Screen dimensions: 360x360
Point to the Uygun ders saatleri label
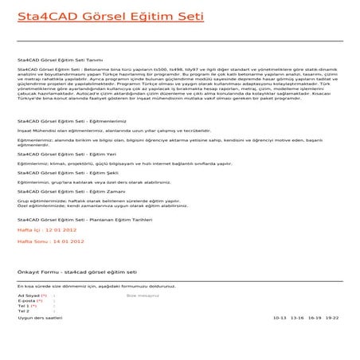tap(40, 317)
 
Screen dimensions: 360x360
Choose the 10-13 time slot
tap(279, 317)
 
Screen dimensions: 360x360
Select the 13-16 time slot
tap(298, 317)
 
